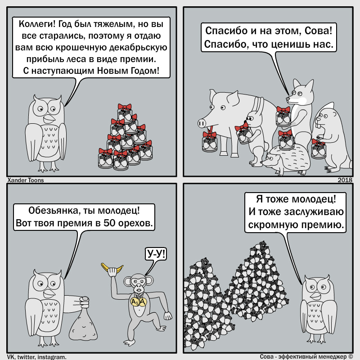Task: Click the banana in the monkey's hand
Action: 112,269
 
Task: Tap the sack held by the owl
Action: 83,324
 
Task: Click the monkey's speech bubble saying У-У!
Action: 156,254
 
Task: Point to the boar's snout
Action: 202,123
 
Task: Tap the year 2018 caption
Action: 345,180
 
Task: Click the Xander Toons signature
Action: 26,180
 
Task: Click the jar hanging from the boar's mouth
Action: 210,142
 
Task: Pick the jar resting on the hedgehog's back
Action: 286,140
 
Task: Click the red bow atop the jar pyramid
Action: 125,107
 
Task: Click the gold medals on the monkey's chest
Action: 139,301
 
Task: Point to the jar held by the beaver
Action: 319,149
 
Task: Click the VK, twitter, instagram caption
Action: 37,357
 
